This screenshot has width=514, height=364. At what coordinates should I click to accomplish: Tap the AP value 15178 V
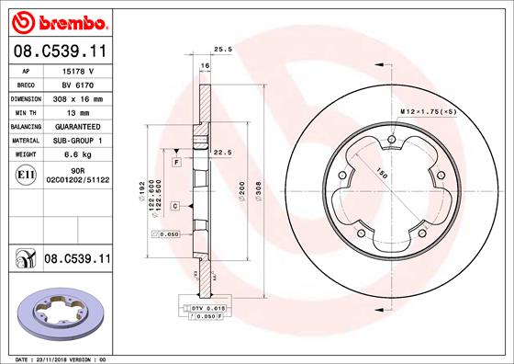coord(77,70)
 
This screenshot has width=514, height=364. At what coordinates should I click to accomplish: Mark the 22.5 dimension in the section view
coord(220,153)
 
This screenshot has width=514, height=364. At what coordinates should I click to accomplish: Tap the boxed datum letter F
coord(175,162)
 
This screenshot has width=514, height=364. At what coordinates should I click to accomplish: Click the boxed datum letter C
coord(174,207)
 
